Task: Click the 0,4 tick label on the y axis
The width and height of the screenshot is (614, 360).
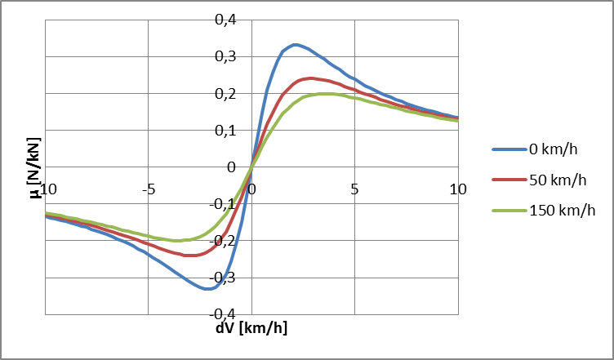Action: click(225, 20)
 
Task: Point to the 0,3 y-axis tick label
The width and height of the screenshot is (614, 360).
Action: click(225, 56)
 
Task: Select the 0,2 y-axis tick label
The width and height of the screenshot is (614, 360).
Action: click(225, 93)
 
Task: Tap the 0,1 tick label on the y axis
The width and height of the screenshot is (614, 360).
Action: click(225, 130)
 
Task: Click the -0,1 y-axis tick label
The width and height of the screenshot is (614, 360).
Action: click(222, 203)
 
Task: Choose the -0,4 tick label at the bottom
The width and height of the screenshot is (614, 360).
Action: click(222, 313)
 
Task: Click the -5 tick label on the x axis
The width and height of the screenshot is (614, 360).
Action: click(148, 189)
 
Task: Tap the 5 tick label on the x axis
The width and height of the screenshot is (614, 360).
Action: click(354, 189)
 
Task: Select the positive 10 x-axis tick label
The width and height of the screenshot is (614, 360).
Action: click(457, 189)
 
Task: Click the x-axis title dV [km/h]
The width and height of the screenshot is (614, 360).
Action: click(251, 328)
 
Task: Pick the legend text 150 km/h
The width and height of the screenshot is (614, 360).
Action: click(563, 210)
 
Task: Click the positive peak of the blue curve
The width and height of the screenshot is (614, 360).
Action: click(295, 44)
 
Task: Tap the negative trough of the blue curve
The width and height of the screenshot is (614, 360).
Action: click(208, 288)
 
